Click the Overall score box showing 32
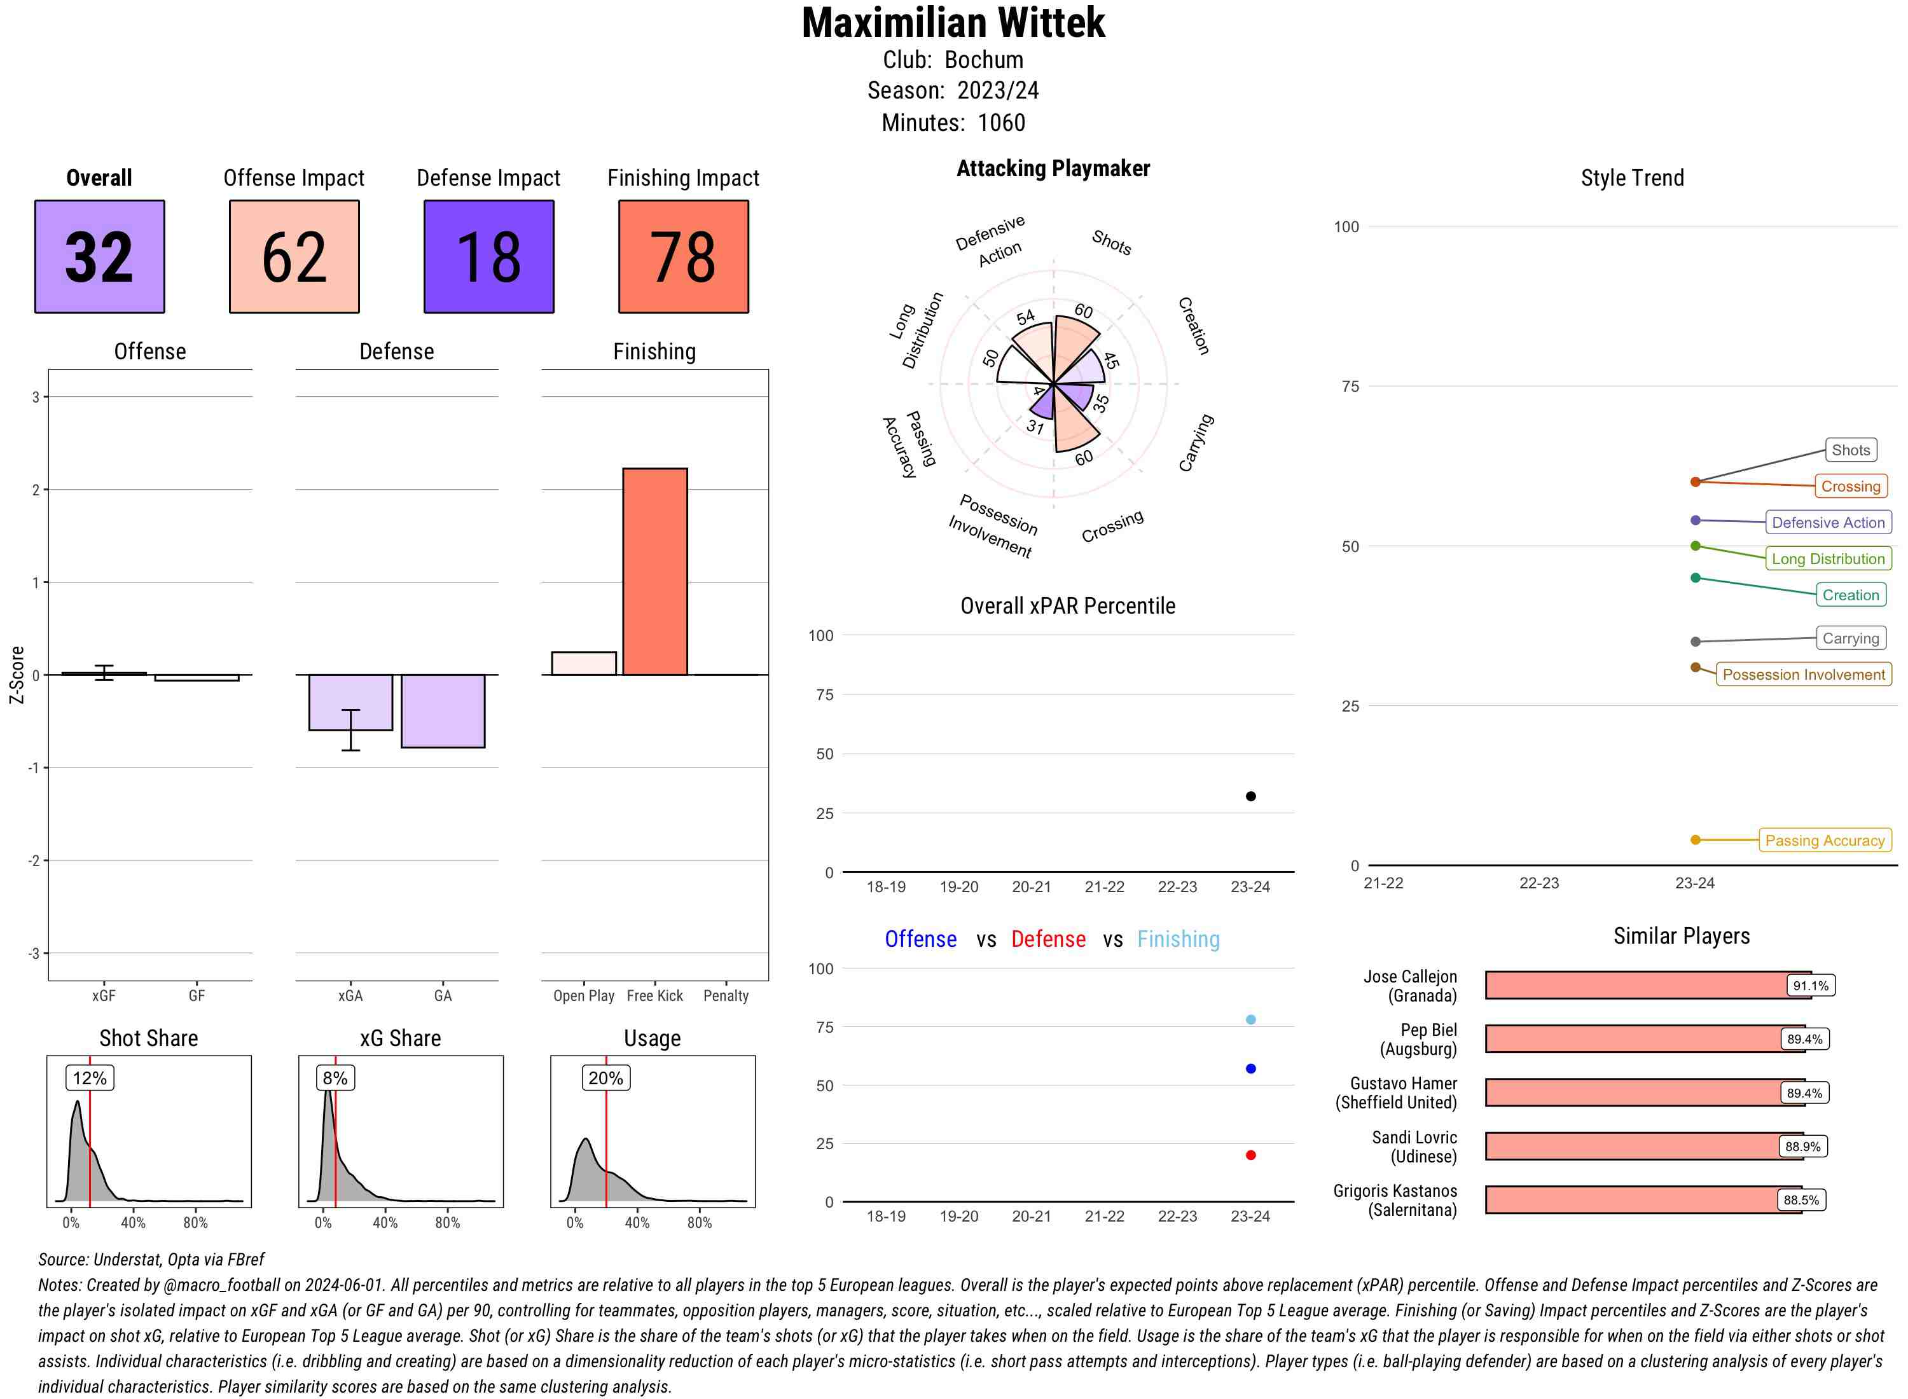[x=99, y=257]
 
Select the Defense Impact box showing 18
[x=488, y=257]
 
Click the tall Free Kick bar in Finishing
[x=654, y=572]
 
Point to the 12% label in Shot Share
[x=90, y=1078]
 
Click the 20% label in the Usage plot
[x=605, y=1078]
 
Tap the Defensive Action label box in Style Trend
[x=1828, y=523]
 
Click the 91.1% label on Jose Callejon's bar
[x=1810, y=986]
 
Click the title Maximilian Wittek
[x=953, y=24]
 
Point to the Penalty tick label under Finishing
[x=726, y=996]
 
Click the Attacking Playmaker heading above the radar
[x=1053, y=169]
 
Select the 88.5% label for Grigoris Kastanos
[x=1801, y=1200]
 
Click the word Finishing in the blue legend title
[x=1178, y=939]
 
